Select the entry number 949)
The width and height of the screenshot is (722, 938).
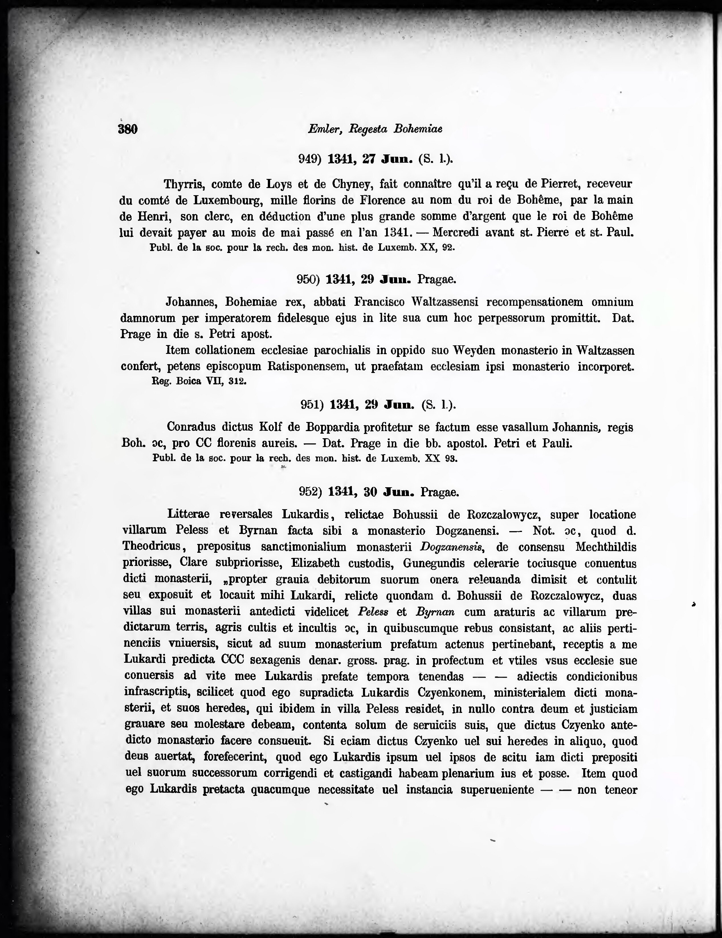310,159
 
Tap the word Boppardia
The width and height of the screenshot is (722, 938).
332,427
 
